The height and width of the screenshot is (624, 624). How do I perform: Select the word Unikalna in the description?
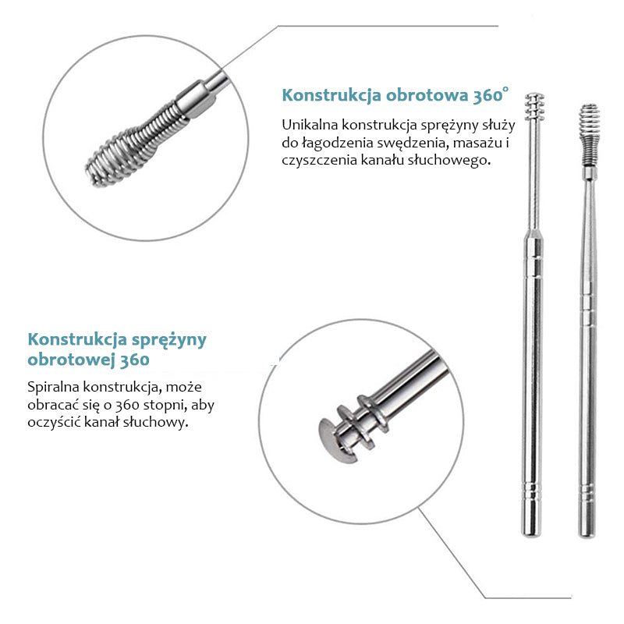coord(310,125)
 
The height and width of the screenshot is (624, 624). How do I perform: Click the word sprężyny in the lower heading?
coord(169,340)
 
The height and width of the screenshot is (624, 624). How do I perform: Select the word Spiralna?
coord(54,387)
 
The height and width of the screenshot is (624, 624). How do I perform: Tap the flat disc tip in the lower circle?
coord(335,441)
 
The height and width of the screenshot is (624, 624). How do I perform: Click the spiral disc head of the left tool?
coord(534,106)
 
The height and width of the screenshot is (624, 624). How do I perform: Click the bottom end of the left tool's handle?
coord(531,534)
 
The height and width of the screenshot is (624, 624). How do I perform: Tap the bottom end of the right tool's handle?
coord(587,535)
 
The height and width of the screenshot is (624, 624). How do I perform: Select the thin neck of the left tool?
coord(534,175)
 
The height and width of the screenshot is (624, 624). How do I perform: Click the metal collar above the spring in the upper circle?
coord(197,99)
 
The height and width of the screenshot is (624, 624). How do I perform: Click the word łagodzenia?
coord(336,143)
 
